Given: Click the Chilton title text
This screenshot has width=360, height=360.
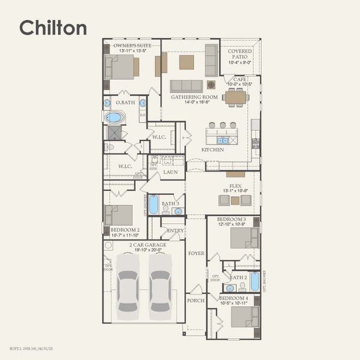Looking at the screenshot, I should [x=53, y=28].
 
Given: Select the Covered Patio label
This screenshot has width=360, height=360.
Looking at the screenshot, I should [x=240, y=55].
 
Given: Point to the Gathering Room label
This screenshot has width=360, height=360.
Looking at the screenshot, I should [x=194, y=97].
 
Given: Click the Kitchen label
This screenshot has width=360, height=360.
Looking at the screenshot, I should [x=212, y=149].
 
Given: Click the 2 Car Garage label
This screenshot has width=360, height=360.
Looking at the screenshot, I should [x=148, y=245].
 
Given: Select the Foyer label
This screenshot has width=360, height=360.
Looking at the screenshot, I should [x=196, y=253].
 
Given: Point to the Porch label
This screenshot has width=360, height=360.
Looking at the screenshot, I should [x=195, y=300].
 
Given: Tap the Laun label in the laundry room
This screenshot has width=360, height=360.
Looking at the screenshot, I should [x=170, y=172].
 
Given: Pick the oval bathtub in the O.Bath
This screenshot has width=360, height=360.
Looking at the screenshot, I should [x=114, y=117].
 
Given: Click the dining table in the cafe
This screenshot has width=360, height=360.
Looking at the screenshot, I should [x=235, y=97].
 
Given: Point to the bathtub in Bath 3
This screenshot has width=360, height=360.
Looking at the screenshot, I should [x=154, y=205].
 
